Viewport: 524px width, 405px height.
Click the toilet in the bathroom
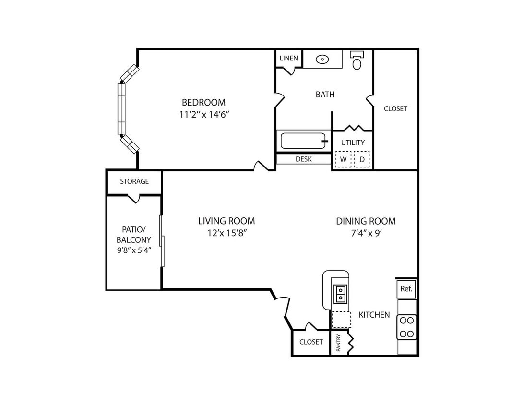click(x=357, y=60)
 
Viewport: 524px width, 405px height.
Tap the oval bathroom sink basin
click(x=322, y=60)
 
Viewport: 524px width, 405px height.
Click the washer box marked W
click(x=343, y=159)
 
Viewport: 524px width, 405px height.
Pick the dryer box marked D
click(x=362, y=159)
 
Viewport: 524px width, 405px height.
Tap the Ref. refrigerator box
click(x=406, y=288)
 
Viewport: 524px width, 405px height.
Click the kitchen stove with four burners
click(x=407, y=327)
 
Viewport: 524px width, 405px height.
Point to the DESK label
click(x=304, y=159)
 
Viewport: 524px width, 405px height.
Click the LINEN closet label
click(x=289, y=58)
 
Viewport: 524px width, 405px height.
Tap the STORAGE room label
click(x=134, y=181)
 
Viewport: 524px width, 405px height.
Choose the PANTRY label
click(x=338, y=343)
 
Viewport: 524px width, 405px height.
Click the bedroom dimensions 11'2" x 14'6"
click(x=204, y=115)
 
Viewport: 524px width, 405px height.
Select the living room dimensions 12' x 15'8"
click(x=227, y=233)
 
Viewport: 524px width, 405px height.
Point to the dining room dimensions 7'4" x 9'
click(x=366, y=233)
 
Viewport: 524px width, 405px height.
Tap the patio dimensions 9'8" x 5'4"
click(x=134, y=250)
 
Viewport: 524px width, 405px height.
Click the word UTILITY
click(x=353, y=143)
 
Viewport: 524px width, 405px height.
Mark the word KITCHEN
click(x=374, y=315)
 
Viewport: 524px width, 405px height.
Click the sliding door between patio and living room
click(x=162, y=241)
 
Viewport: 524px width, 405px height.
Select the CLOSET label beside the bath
click(x=396, y=108)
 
